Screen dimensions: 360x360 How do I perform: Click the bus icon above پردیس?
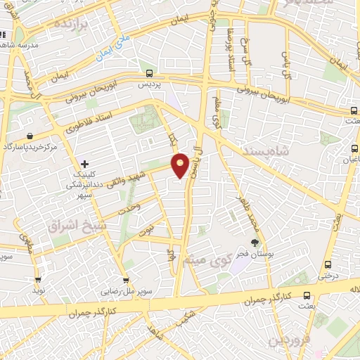coord(148,72)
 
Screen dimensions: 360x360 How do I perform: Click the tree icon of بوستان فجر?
coord(255,243)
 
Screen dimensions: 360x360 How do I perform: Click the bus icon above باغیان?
coord(352,149)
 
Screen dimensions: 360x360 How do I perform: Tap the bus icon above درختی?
coord(328,265)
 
